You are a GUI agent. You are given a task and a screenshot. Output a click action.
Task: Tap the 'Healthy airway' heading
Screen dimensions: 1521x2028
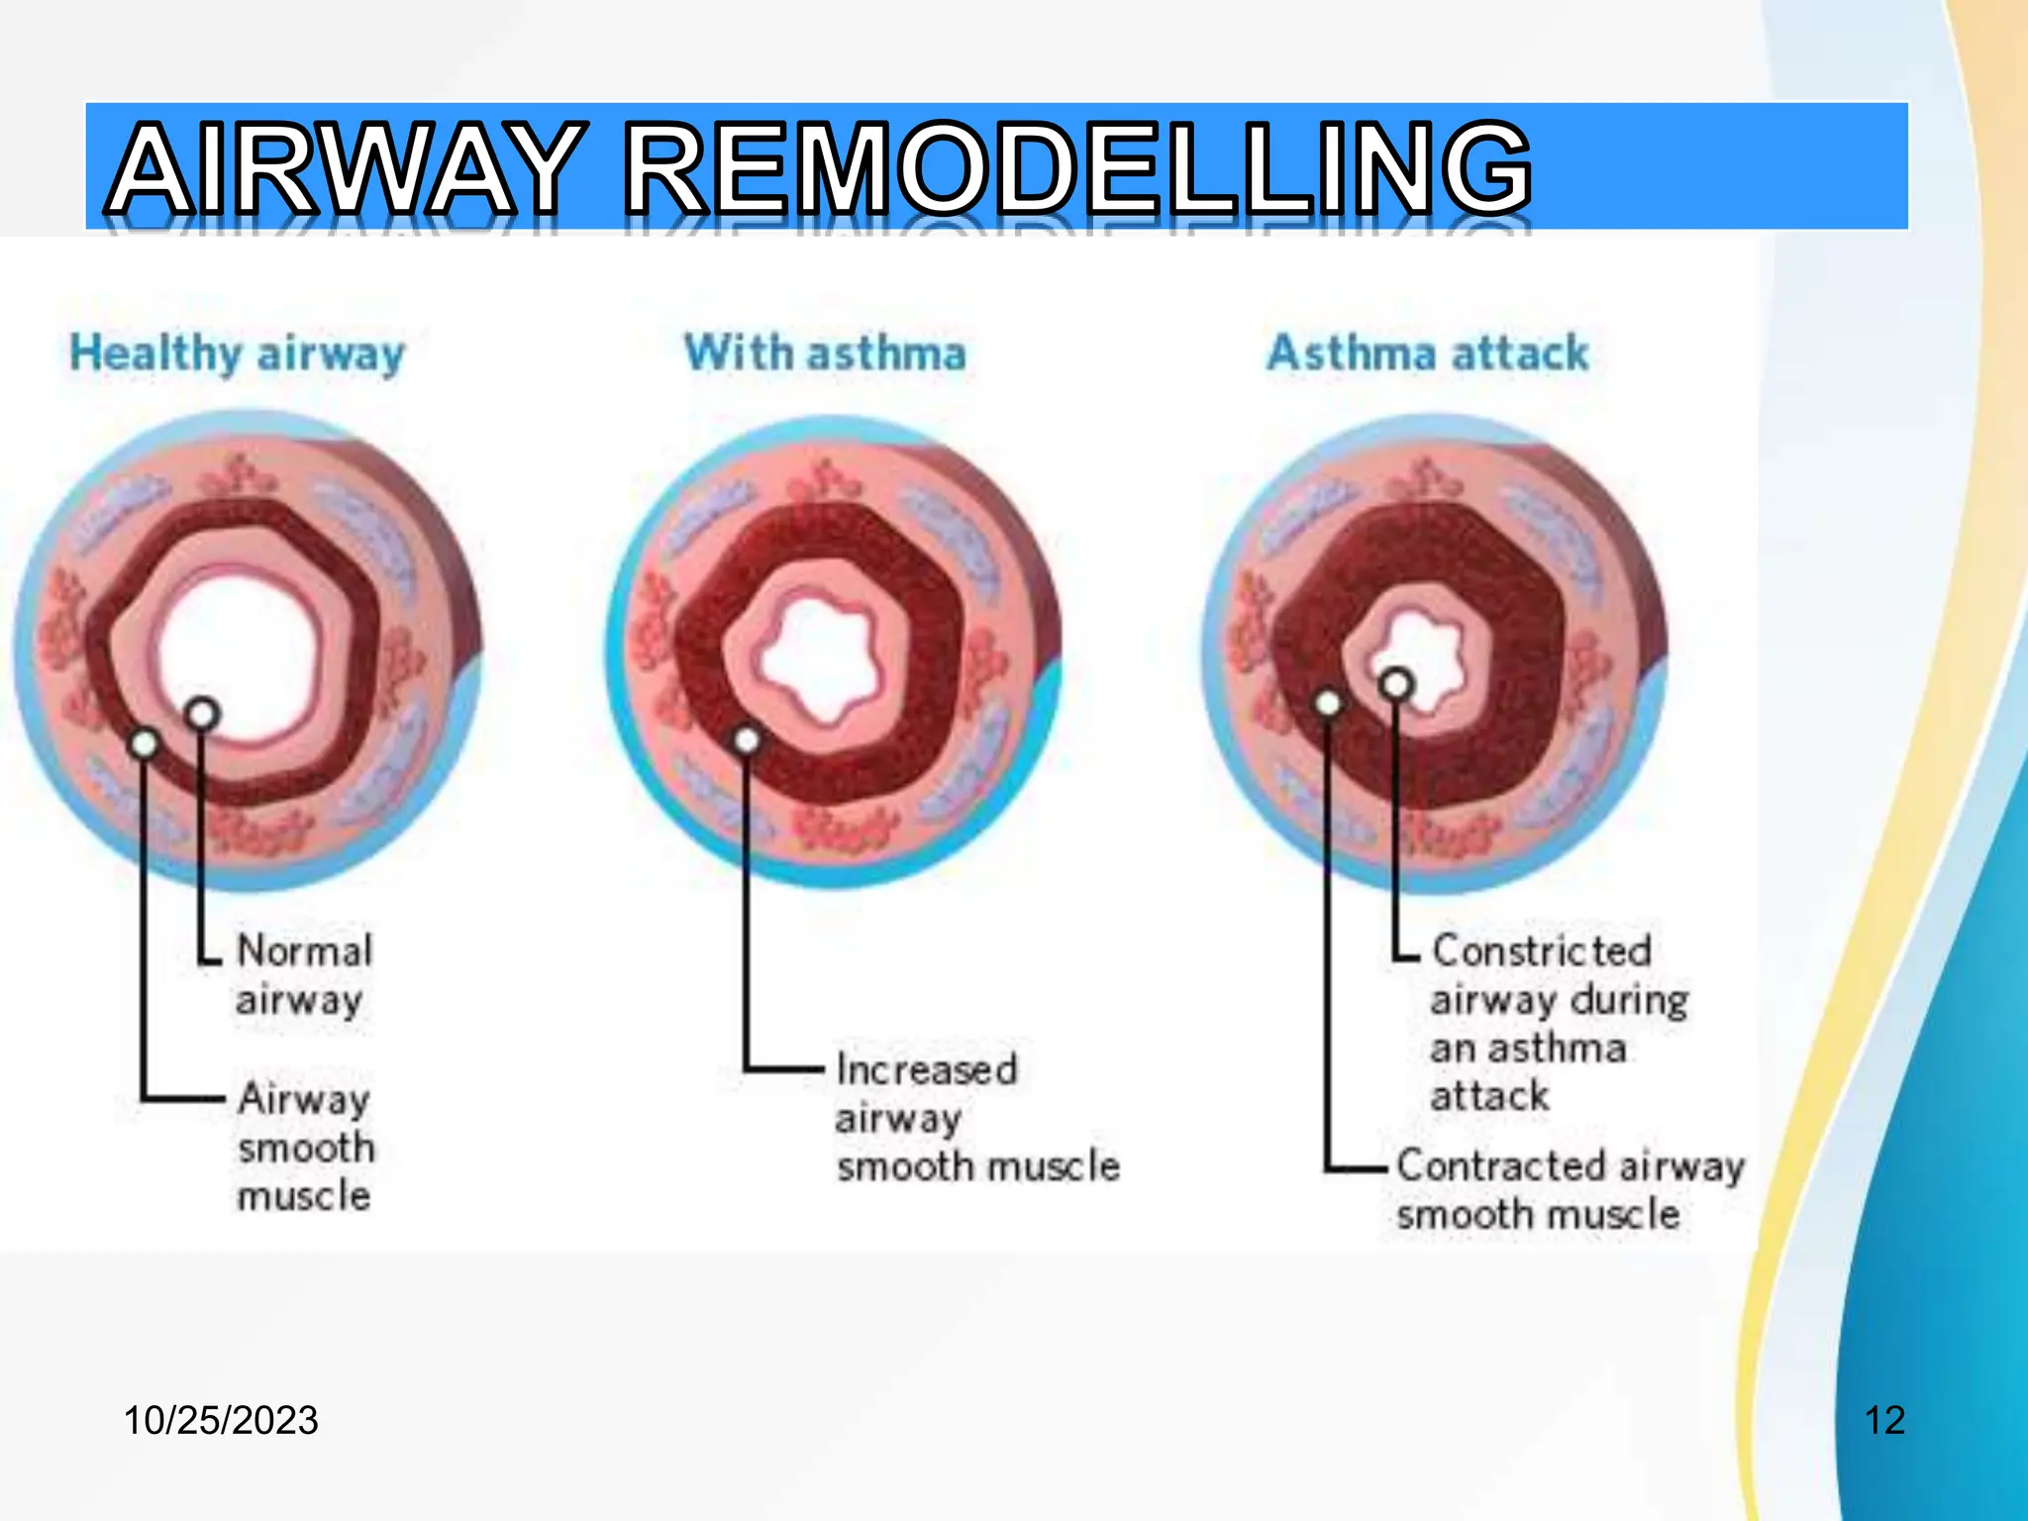[x=238, y=354]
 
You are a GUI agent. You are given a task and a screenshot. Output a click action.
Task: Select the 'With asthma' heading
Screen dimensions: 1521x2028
[x=825, y=354]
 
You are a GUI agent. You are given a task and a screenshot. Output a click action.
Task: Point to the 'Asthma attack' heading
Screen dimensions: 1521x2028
[x=1428, y=354]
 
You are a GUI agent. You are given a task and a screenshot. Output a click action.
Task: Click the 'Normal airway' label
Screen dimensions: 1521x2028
[x=303, y=974]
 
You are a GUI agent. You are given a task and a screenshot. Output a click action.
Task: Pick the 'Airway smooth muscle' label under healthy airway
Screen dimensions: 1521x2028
[x=305, y=1147]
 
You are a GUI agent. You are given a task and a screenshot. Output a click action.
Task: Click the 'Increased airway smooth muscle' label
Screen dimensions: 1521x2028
[x=976, y=1118]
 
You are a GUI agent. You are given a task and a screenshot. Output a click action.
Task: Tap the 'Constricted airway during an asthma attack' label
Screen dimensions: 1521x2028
[x=1559, y=1023]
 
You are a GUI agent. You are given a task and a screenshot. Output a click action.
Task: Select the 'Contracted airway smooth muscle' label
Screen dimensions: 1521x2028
[x=1569, y=1189]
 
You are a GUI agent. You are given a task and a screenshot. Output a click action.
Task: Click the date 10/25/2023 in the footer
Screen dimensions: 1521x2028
[x=221, y=1420]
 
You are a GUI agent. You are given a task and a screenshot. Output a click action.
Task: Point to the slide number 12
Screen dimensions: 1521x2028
[x=1884, y=1420]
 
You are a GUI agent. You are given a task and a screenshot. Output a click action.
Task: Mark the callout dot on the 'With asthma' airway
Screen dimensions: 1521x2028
[x=748, y=740]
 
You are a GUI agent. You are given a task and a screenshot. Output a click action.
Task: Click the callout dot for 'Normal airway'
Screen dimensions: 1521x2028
[x=202, y=713]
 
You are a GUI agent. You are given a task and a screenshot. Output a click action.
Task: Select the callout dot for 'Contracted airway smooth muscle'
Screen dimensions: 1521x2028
[x=1328, y=703]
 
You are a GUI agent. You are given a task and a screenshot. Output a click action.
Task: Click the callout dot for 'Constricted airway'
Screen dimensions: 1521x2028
[x=1396, y=684]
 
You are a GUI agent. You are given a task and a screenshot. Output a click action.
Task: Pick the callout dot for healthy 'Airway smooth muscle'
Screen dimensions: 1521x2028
[x=145, y=743]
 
